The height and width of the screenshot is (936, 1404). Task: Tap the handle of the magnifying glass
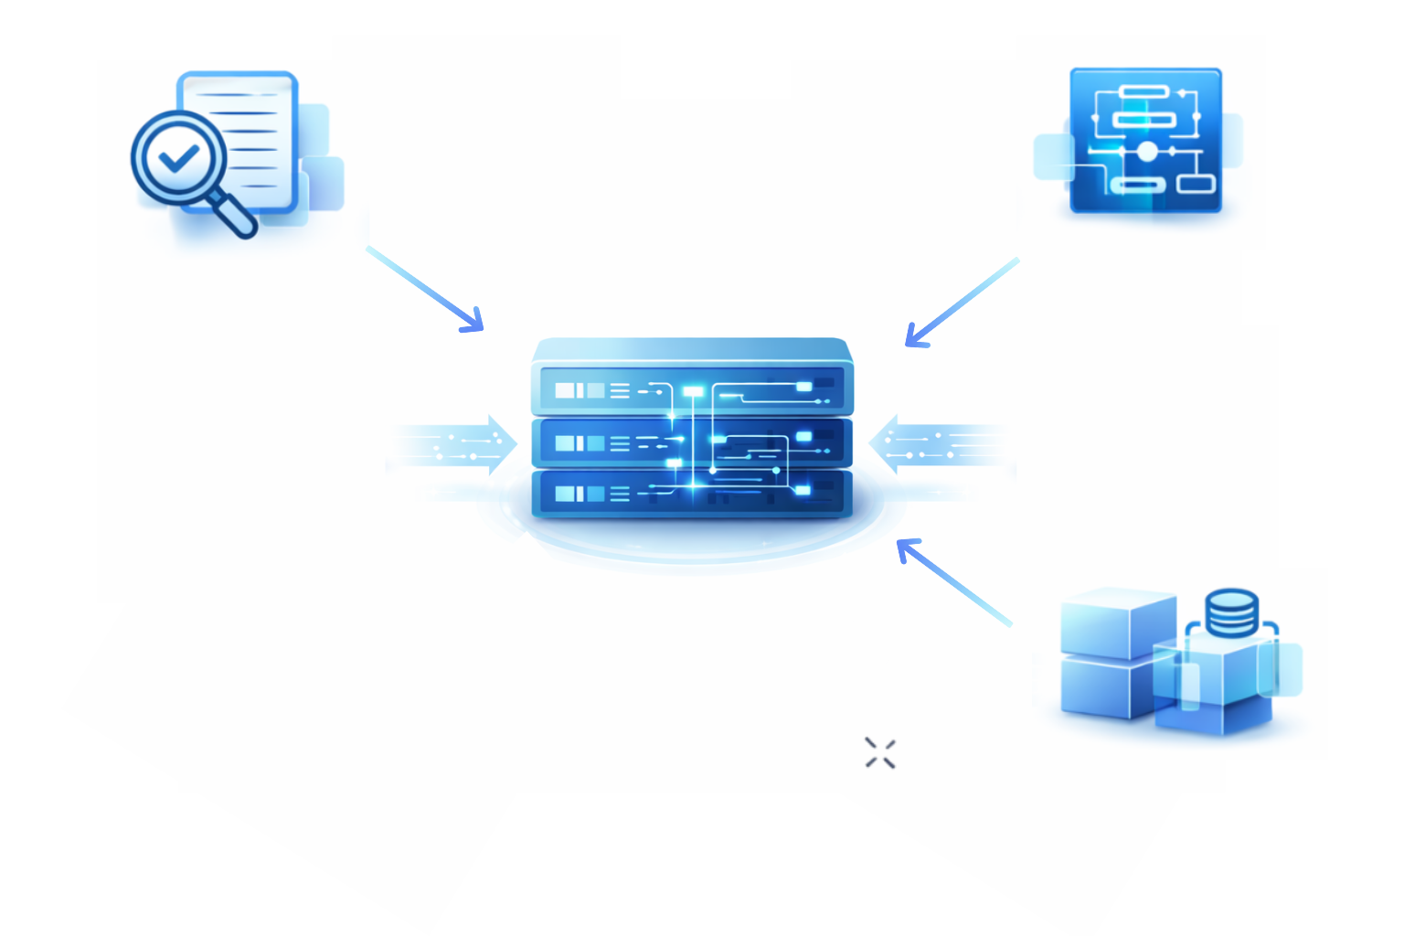coord(233,214)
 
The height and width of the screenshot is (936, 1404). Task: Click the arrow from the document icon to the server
coord(424,288)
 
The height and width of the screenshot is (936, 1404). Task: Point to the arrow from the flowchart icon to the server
coord(960,303)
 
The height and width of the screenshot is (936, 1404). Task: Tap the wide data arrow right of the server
coord(941,445)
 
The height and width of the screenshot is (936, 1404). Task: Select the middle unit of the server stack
coord(692,443)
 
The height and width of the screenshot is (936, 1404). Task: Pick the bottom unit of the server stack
coord(692,495)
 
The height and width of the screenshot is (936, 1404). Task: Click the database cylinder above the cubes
coord(1231,612)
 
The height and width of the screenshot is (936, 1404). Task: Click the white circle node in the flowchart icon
coord(1146,151)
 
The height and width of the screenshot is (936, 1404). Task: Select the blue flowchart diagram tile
coord(1145,140)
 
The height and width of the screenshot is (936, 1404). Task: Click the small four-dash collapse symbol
coord(880,753)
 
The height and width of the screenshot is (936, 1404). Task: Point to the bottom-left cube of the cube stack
coord(1104,687)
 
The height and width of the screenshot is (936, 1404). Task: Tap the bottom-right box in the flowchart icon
coord(1196,184)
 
